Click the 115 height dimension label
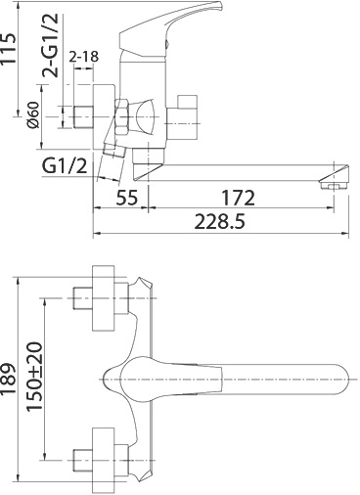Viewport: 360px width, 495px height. coord(8,50)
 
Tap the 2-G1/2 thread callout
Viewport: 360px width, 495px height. coord(51,45)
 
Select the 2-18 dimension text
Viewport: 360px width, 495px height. coord(84,57)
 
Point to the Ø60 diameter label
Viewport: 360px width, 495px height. coord(33,114)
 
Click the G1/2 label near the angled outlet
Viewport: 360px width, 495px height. coord(65,166)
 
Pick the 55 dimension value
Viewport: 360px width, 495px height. coord(127,198)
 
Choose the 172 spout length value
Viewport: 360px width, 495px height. coord(238,198)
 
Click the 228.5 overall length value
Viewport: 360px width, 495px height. coord(219,222)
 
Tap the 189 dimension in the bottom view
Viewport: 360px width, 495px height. coord(8,378)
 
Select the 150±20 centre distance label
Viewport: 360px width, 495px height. coord(34,377)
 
